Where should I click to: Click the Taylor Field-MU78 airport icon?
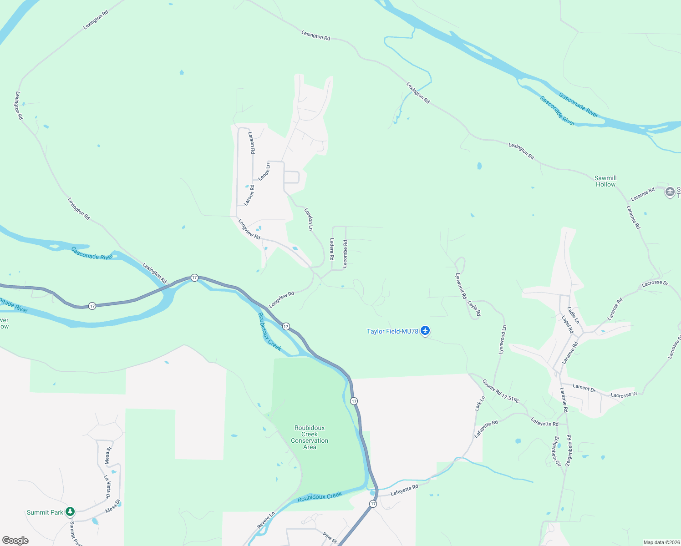pyautogui.click(x=425, y=331)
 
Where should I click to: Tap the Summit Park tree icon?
pyautogui.click(x=70, y=512)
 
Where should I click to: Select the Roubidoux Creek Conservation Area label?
pyautogui.click(x=310, y=437)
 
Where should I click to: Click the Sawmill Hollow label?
pyautogui.click(x=605, y=181)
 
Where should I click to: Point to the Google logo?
pyautogui.click(x=15, y=540)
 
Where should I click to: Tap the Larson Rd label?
pyautogui.click(x=251, y=142)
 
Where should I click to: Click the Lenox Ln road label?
pyautogui.click(x=264, y=172)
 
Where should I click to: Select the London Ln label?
pyautogui.click(x=309, y=219)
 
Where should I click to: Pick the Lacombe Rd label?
pyautogui.click(x=345, y=253)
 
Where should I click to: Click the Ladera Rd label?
pyautogui.click(x=332, y=249)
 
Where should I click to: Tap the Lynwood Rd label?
pyautogui.click(x=461, y=286)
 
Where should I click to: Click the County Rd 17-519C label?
pyautogui.click(x=501, y=391)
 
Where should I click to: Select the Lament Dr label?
pyautogui.click(x=584, y=388)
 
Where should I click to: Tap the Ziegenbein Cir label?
pyautogui.click(x=557, y=451)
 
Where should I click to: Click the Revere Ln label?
pyautogui.click(x=266, y=520)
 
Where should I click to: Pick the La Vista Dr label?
pyautogui.click(x=107, y=487)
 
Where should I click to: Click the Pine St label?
pyautogui.click(x=330, y=537)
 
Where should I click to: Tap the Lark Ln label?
pyautogui.click(x=480, y=403)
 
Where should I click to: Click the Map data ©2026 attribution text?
pyautogui.click(x=661, y=542)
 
